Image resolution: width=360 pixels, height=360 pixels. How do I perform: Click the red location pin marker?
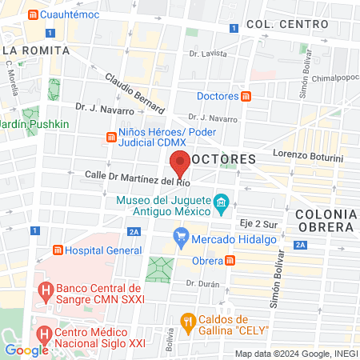[180, 163]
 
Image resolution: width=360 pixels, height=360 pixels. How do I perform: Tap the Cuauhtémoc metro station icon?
[32, 15]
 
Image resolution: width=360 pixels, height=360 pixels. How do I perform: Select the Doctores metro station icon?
[247, 97]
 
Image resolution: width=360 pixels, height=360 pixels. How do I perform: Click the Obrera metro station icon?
[230, 261]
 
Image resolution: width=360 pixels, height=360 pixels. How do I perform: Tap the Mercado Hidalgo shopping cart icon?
[181, 237]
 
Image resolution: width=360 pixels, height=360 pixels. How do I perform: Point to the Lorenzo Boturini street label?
[307, 153]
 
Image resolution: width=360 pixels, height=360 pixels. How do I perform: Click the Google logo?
[26, 350]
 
